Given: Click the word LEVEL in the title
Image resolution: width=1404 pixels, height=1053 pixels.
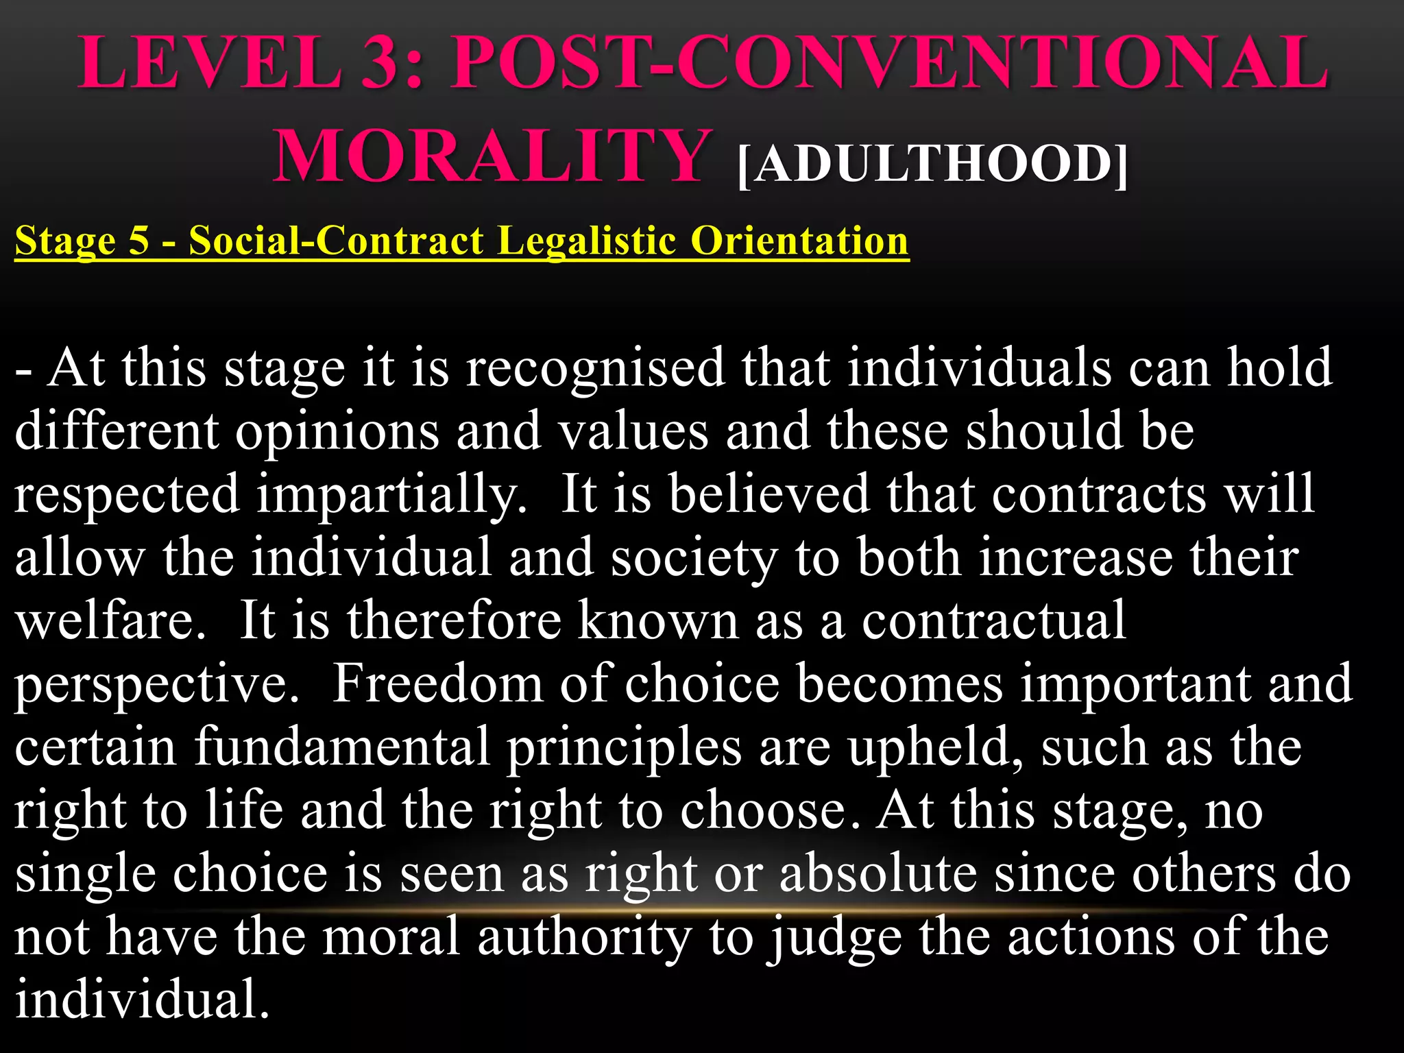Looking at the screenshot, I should click(x=210, y=63).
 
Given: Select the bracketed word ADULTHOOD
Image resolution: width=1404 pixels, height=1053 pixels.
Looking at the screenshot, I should click(x=932, y=165).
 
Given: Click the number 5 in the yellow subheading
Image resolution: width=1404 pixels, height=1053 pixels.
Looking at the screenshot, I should click(x=138, y=241).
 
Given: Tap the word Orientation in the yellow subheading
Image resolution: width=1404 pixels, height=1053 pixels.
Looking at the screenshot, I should click(x=799, y=241).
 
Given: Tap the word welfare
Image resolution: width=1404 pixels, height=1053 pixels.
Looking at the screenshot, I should click(x=110, y=620).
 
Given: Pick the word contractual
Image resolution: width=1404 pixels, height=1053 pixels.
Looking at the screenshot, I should click(x=993, y=620).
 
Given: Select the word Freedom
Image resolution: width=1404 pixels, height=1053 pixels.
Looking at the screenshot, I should click(x=437, y=684).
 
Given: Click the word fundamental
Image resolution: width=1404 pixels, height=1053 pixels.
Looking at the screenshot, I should click(x=342, y=747).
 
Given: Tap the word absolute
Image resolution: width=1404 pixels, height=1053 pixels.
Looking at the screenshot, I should click(x=878, y=874).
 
